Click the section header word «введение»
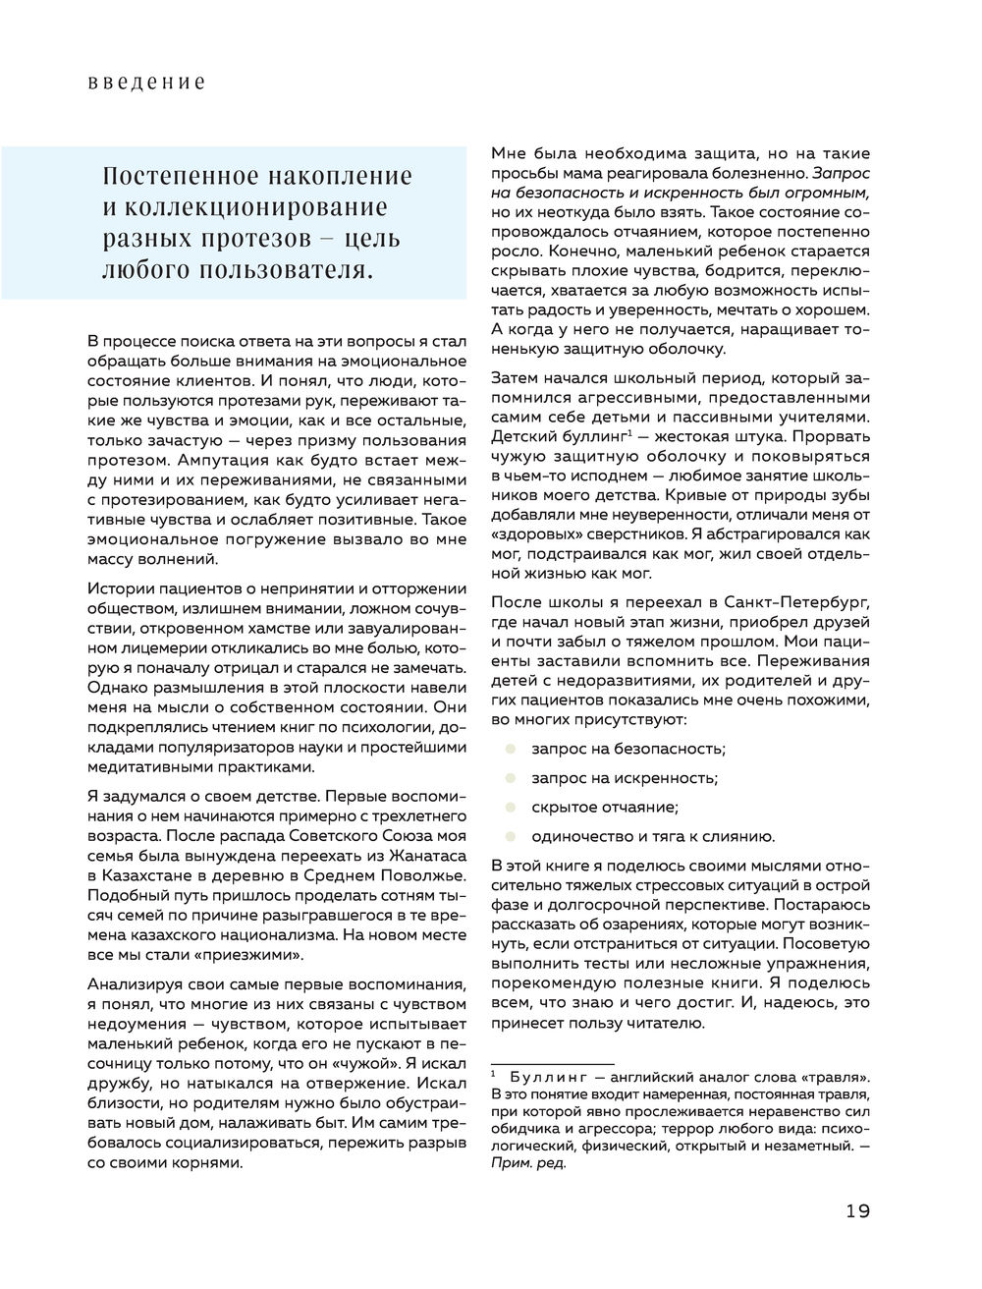(145, 83)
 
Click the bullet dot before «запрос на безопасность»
(510, 749)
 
